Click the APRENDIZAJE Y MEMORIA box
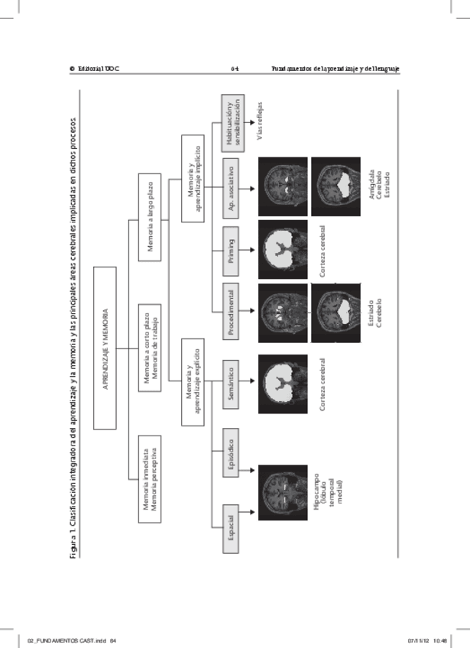105,348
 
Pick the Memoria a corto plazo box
150,348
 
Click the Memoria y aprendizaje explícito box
193,382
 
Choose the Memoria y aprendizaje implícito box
193,178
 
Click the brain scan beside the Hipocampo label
282,492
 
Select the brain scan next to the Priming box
282,248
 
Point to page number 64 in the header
235,69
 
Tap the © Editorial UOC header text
95,69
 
